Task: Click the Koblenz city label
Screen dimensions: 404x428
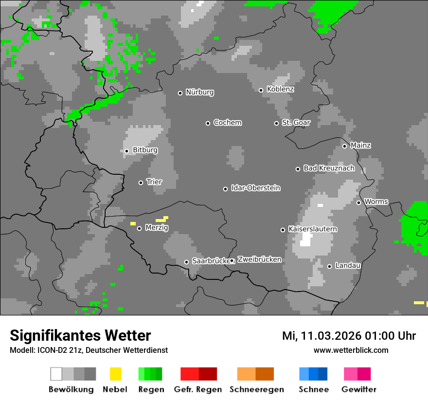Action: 280,90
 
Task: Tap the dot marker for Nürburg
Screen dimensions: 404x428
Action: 180,93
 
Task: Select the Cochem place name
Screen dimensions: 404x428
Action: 227,123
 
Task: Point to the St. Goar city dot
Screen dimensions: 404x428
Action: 276,123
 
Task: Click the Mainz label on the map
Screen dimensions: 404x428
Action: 360,146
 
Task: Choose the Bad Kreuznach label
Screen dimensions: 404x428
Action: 329,168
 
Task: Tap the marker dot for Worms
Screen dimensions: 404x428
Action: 358,202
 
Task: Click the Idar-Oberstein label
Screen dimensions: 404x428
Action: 255,188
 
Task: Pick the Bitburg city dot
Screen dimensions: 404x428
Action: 126,151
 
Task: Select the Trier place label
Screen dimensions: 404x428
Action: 154,182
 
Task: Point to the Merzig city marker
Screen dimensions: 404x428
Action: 139,228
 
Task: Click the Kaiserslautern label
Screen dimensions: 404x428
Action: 312,229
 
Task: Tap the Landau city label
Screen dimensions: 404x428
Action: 347,266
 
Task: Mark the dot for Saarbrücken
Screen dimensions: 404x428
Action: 186,262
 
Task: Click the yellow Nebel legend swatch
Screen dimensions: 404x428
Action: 115,374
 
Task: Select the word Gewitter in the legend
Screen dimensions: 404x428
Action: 358,389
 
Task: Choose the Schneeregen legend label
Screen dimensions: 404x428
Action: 256,389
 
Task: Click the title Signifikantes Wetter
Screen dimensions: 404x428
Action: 80,335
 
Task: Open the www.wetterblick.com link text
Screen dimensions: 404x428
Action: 351,350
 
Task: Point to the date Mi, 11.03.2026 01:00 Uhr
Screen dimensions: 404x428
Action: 349,336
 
